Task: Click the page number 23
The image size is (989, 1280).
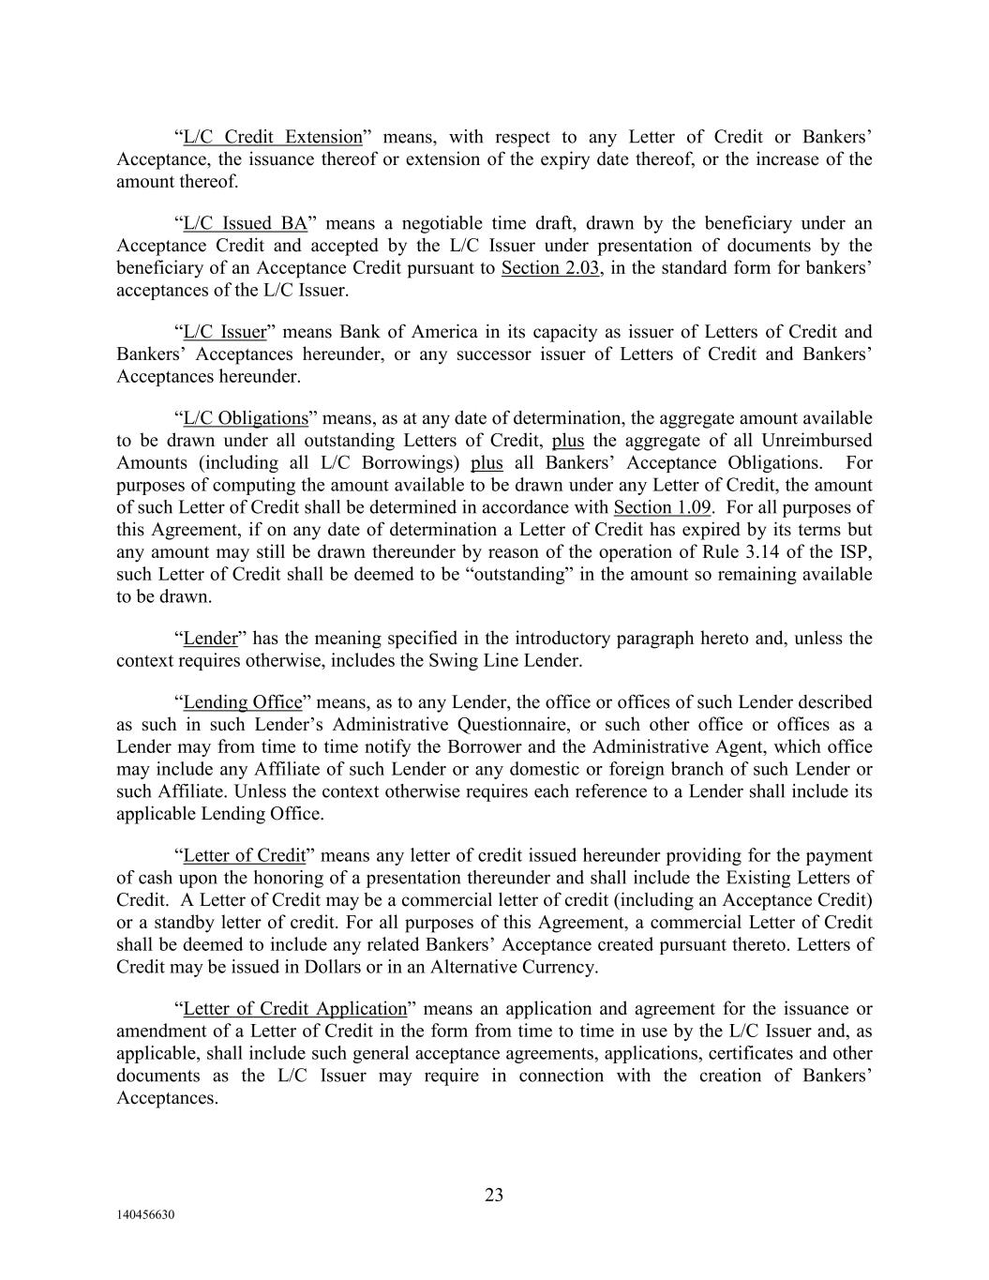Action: (x=494, y=1195)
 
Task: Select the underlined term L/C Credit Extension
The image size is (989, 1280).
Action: (x=272, y=138)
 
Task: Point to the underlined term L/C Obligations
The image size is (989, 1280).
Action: (x=246, y=418)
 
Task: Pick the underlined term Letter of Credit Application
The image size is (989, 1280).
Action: (x=295, y=1009)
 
